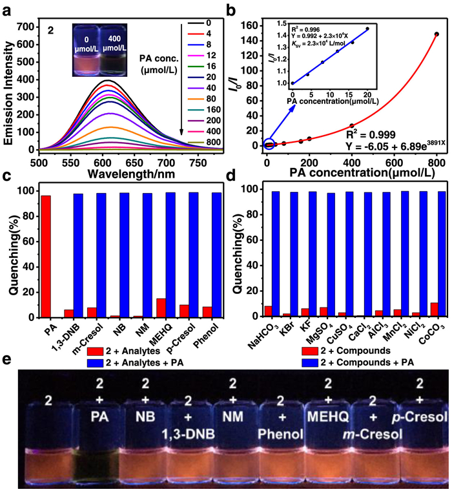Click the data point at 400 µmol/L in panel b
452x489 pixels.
coord(352,125)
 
